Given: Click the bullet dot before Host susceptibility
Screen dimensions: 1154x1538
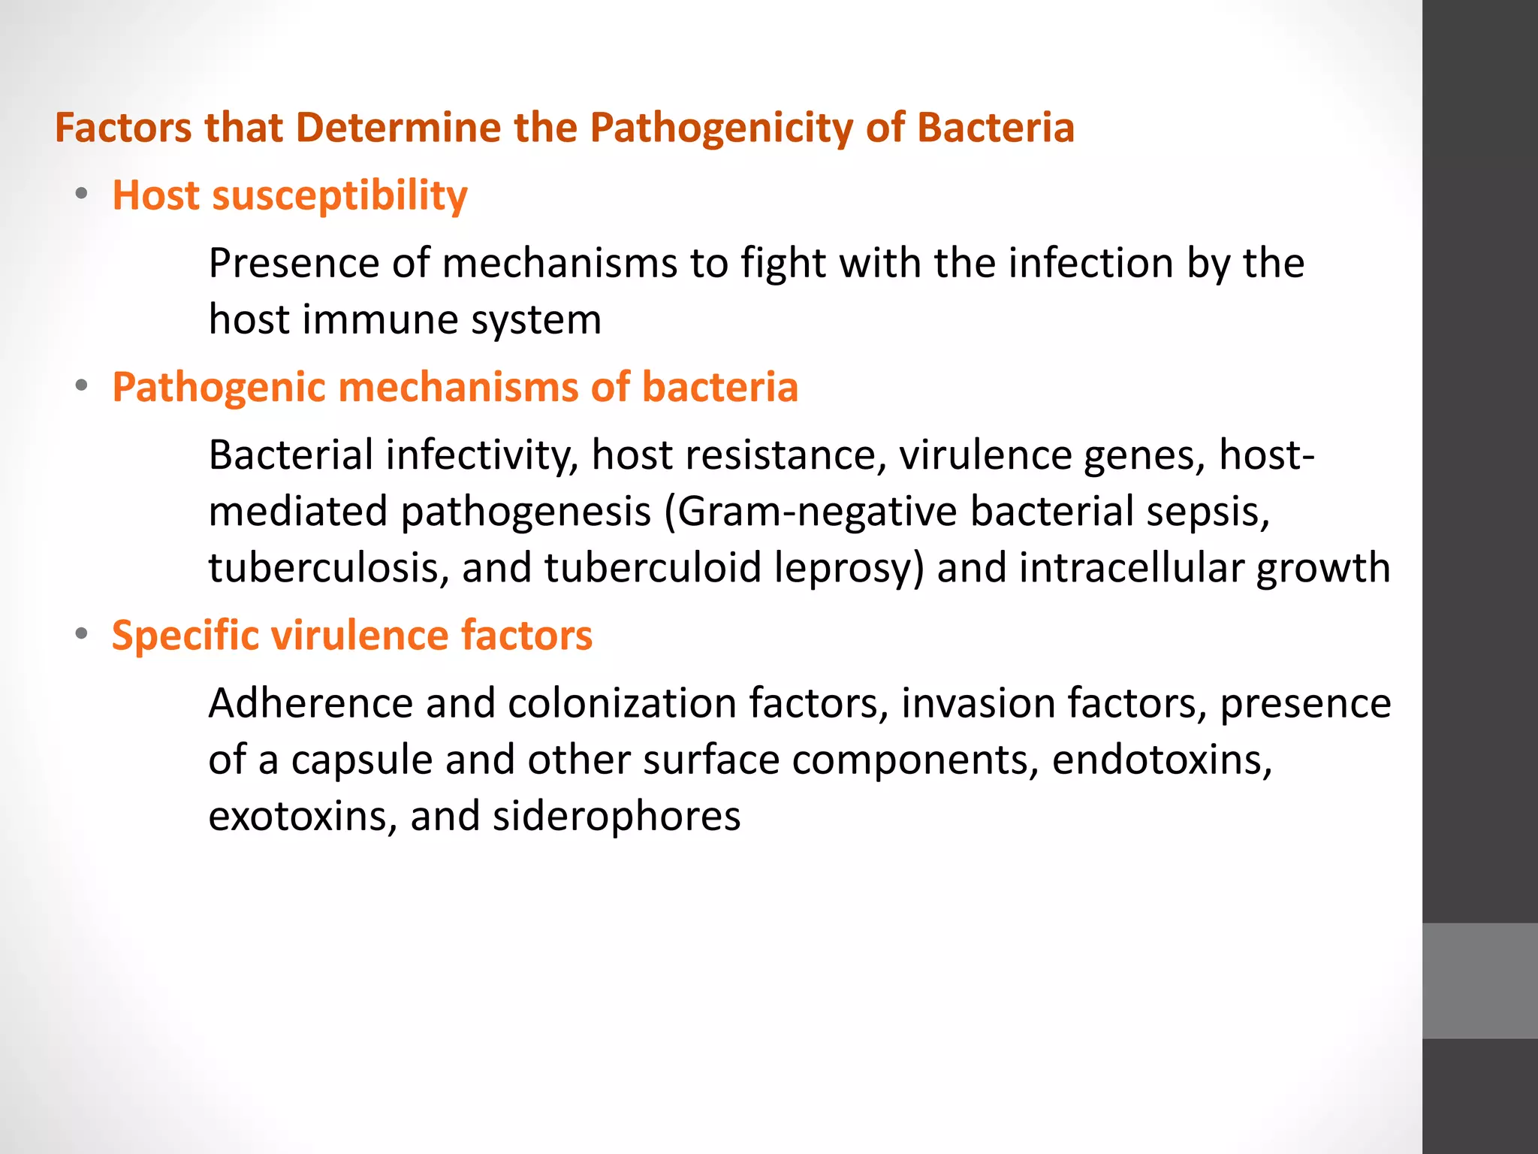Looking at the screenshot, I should coord(81,194).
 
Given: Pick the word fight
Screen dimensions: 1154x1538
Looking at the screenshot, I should coord(783,264).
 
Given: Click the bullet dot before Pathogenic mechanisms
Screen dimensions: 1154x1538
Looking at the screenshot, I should coord(81,386).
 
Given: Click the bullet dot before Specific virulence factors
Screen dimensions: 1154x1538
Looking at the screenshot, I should coord(81,634).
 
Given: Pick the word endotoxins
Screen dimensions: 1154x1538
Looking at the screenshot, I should coord(1162,760).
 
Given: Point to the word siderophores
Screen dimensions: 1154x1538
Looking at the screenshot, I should coord(616,816).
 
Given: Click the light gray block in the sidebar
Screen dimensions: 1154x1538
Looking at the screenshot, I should coord(1479,980).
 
